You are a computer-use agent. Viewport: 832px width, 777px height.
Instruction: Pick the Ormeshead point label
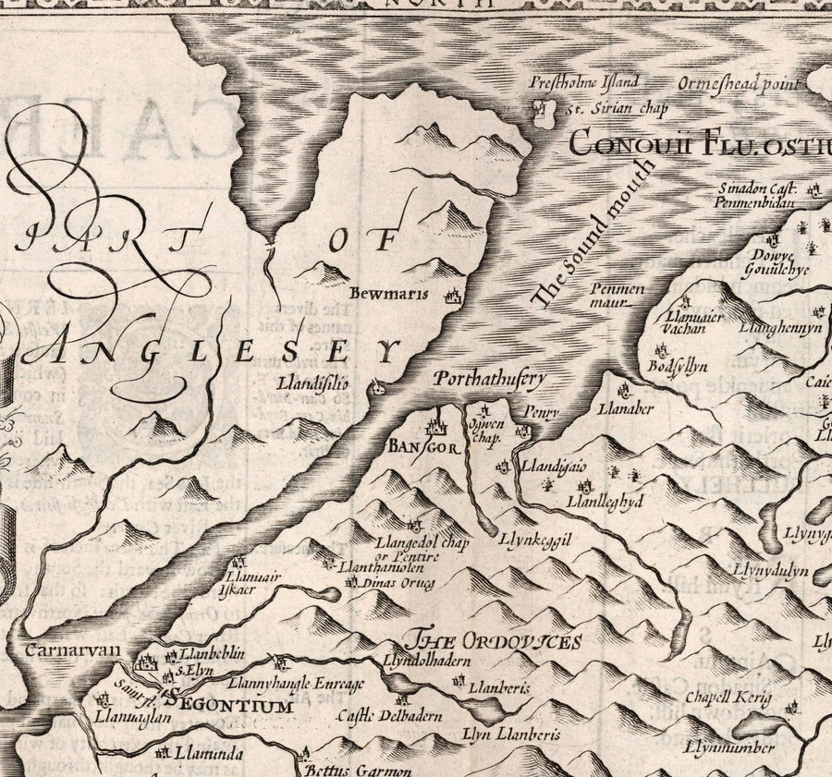(x=738, y=84)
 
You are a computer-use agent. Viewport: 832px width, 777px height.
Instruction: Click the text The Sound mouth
(x=593, y=234)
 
